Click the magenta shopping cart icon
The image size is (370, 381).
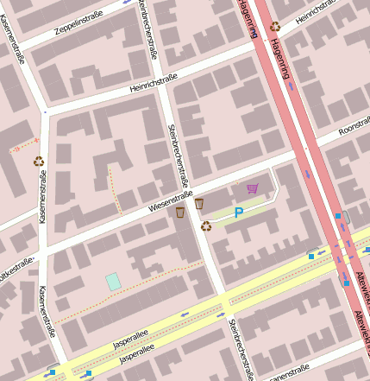252,188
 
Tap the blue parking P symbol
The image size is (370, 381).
239,212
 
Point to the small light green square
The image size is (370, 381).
113,281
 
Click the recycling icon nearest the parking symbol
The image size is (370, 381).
206,226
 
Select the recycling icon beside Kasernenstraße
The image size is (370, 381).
39,160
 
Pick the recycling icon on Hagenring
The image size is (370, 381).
275,27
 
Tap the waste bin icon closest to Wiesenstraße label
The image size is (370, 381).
180,212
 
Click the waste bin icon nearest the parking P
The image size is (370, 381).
199,203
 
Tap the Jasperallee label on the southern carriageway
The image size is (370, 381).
136,355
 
